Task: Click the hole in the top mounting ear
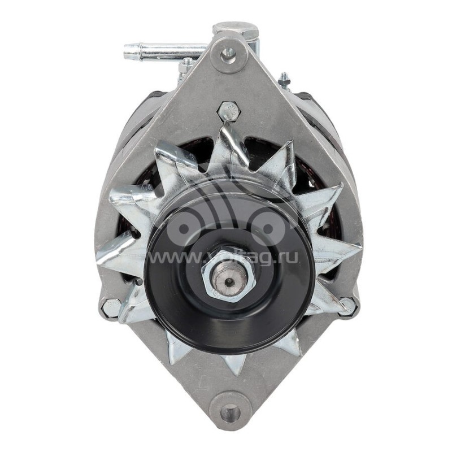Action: [x=228, y=54]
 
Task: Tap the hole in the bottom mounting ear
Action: [x=230, y=412]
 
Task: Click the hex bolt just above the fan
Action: [x=228, y=110]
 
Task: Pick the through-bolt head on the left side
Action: [x=110, y=308]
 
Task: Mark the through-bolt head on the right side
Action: [x=349, y=306]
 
